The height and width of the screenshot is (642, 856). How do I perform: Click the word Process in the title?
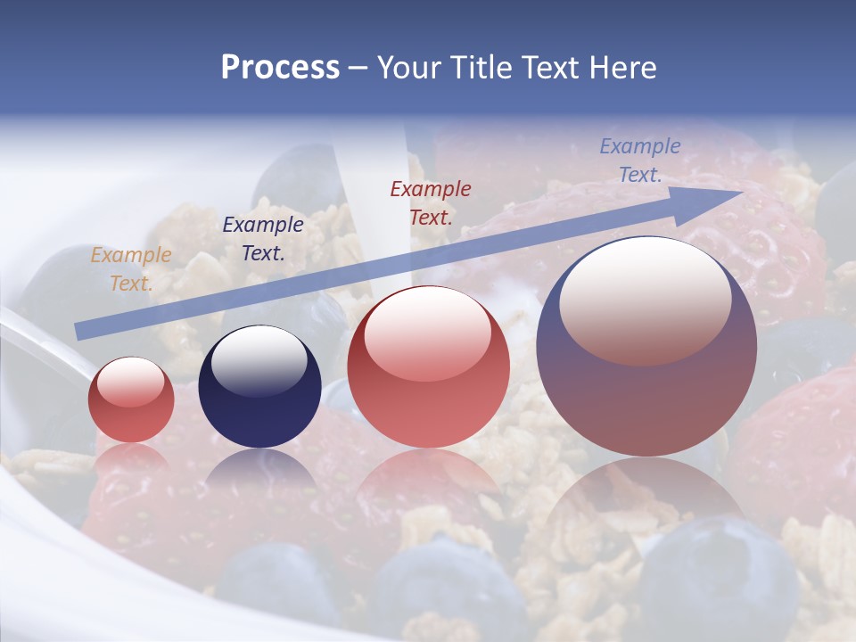pos(280,68)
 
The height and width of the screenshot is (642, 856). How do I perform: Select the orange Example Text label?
pos(130,269)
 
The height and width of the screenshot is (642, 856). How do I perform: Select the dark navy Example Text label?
pos(262,239)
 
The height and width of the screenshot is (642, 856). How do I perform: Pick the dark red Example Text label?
pos(431,202)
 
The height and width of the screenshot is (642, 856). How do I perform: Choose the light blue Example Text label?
pos(640,160)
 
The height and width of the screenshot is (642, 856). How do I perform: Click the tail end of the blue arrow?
pos(80,331)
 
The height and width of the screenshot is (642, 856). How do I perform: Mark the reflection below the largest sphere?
pos(646,499)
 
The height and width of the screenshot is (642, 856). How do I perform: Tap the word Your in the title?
pos(410,68)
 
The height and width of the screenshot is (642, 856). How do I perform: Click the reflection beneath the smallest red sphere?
pos(131,458)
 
